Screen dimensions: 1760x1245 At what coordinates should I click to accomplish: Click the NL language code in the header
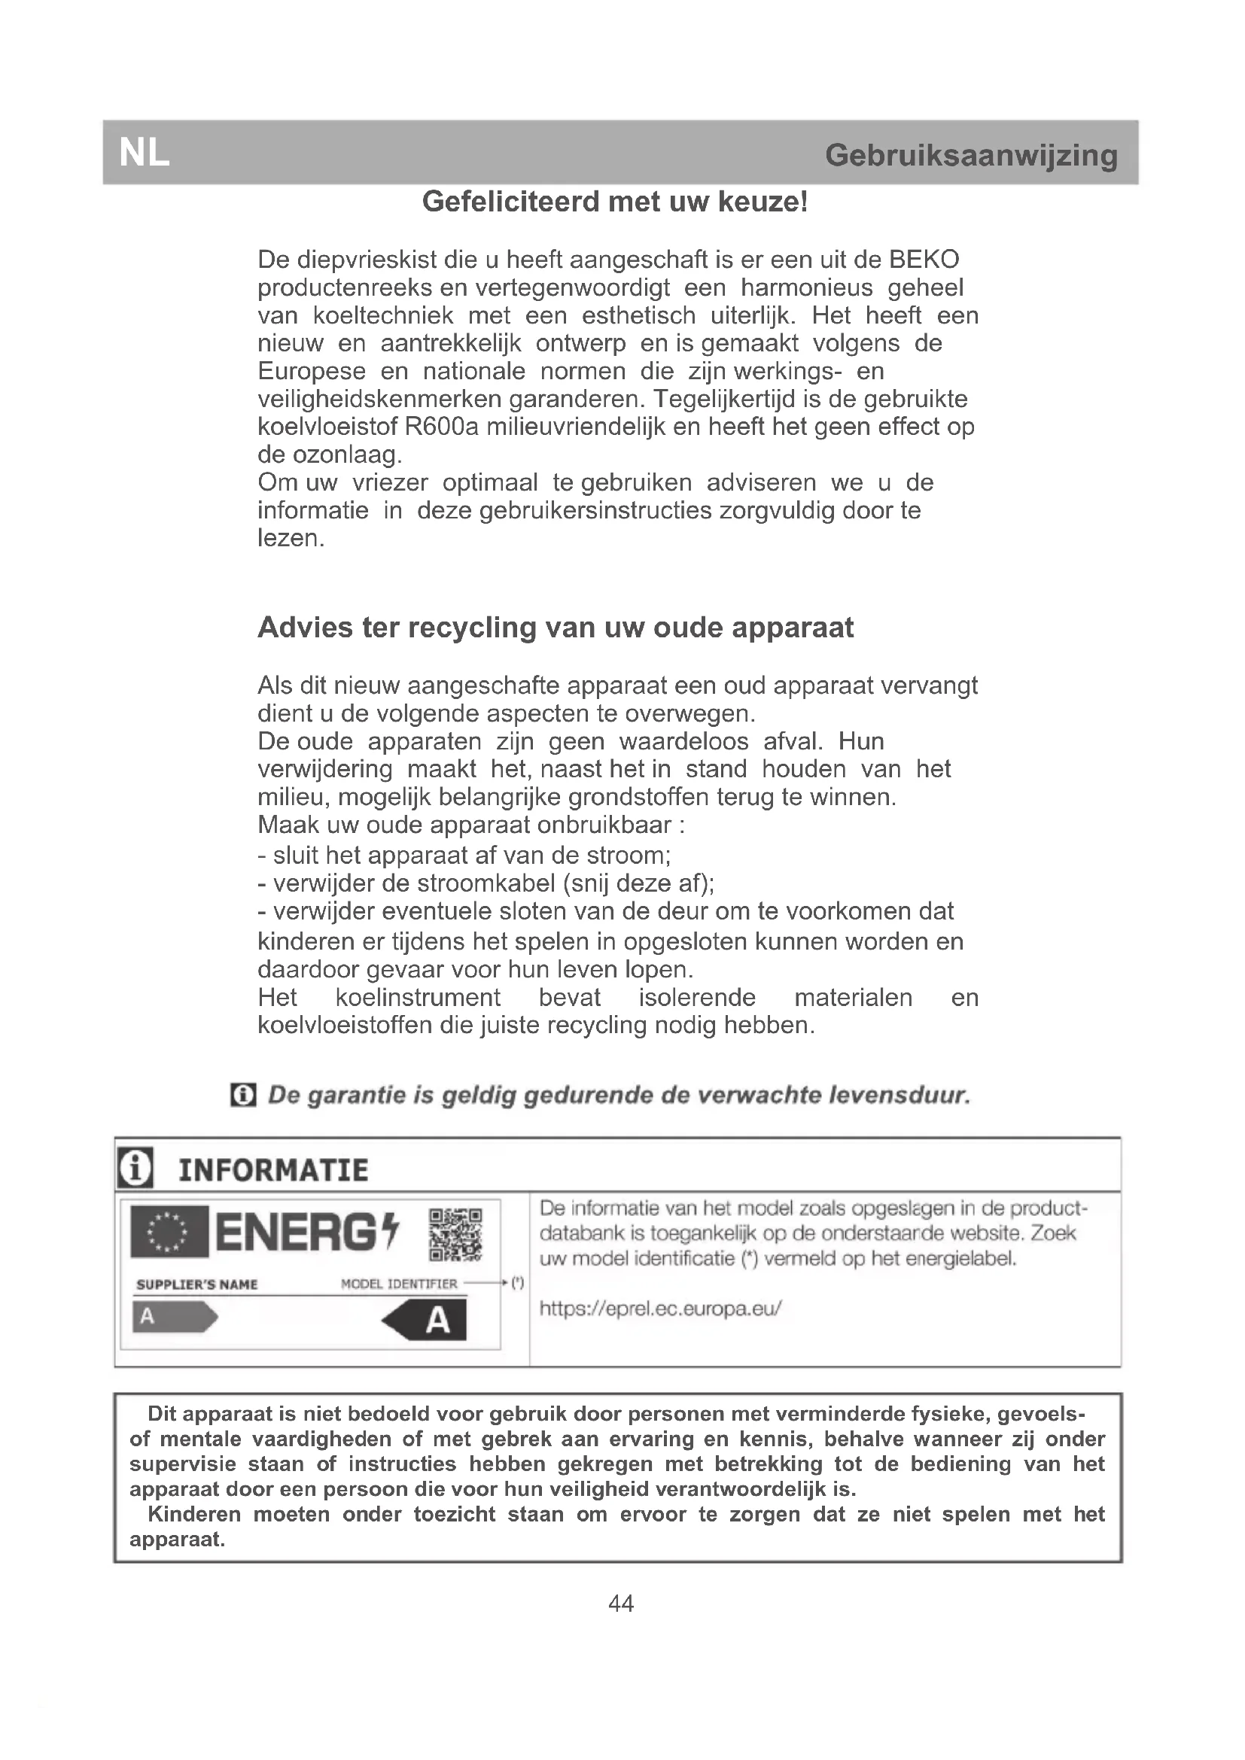(x=144, y=154)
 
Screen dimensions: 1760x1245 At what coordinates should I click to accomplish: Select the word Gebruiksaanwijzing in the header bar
(x=970, y=156)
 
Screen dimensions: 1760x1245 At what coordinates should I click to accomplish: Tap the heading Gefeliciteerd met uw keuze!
(x=615, y=202)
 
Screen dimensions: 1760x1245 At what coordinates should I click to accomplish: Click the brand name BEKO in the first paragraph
(x=923, y=260)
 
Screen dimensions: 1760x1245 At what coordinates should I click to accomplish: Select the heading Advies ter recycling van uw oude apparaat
(x=555, y=628)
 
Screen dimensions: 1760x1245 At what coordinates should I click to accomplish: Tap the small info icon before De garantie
(x=243, y=1096)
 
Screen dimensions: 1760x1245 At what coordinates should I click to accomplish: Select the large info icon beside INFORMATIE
(x=135, y=1168)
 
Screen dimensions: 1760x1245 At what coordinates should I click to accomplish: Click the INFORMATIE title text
(x=273, y=1171)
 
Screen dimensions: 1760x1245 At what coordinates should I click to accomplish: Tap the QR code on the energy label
(x=455, y=1235)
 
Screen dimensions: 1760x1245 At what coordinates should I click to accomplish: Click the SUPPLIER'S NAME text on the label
(x=197, y=1284)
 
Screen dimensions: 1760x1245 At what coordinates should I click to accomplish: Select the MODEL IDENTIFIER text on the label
(x=399, y=1284)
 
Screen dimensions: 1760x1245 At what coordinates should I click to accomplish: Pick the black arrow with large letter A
(x=426, y=1320)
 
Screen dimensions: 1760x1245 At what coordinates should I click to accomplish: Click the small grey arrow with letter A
(x=175, y=1318)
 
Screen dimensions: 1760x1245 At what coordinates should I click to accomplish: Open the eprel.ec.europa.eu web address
(x=660, y=1309)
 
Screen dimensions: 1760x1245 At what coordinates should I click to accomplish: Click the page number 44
(x=621, y=1603)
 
